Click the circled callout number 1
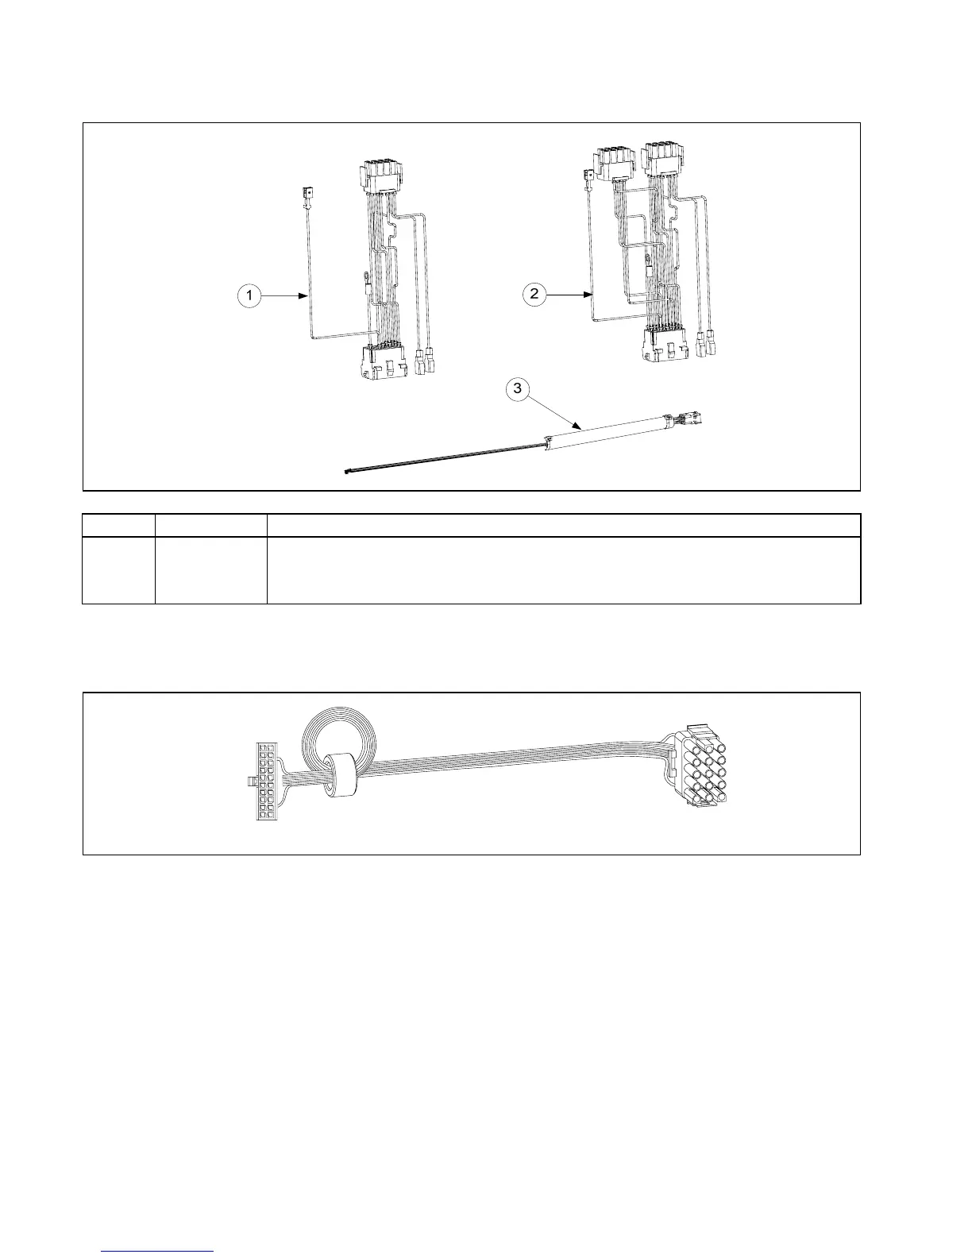[x=249, y=295]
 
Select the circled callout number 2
[x=534, y=295]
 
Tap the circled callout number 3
[x=518, y=388]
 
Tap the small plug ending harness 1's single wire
[x=307, y=193]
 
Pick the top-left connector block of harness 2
[x=616, y=164]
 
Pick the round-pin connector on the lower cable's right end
[x=701, y=774]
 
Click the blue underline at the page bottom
[x=159, y=1251]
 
